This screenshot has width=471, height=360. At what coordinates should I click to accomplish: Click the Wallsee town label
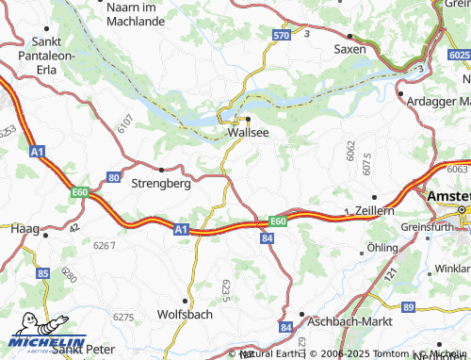coord(249,133)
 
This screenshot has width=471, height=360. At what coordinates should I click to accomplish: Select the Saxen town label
coord(349,49)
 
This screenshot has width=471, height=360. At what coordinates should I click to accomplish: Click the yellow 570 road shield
coord(281,36)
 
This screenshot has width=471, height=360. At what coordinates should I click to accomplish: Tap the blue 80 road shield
coord(114,177)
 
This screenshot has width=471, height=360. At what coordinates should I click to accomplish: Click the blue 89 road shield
coord(407,308)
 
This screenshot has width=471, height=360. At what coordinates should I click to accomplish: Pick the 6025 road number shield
coord(459,57)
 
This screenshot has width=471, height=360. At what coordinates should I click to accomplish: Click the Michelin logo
coord(44,343)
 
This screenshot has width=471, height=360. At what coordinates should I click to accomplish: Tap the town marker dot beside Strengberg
coord(162,170)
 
